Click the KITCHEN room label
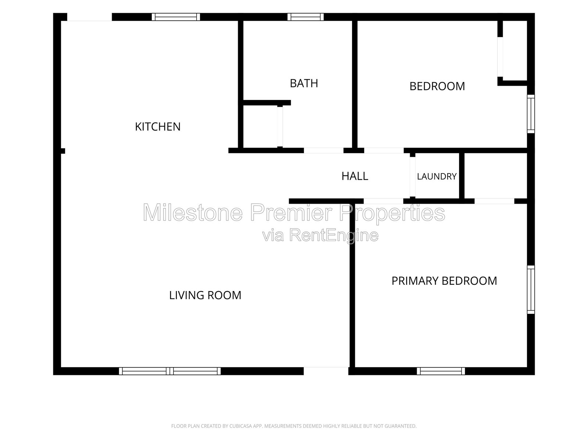[158, 127]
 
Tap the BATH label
[304, 83]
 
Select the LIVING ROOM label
[205, 295]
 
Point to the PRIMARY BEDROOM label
[444, 281]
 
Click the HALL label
[355, 176]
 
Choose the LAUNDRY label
[437, 176]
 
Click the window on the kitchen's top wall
[176, 17]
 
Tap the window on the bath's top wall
[305, 17]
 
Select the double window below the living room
[170, 371]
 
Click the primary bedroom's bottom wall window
[441, 371]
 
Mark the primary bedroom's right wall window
[531, 290]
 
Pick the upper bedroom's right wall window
[531, 114]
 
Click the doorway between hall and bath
[324, 150]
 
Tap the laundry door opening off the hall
[413, 177]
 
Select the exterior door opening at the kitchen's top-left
[89, 17]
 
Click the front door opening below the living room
[326, 371]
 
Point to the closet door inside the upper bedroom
[500, 57]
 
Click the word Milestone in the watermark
[193, 212]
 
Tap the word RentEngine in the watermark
[334, 236]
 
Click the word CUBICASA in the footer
[241, 426]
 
